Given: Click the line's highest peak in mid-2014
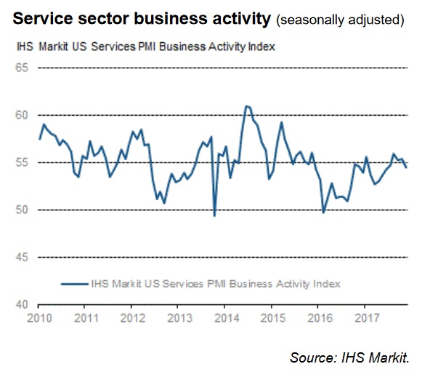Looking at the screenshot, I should [x=246, y=106].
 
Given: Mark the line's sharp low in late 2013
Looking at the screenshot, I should [x=214, y=215].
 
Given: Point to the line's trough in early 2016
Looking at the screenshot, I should [x=323, y=213].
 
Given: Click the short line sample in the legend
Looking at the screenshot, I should [x=74, y=282].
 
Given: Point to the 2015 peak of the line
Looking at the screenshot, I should [x=282, y=122].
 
